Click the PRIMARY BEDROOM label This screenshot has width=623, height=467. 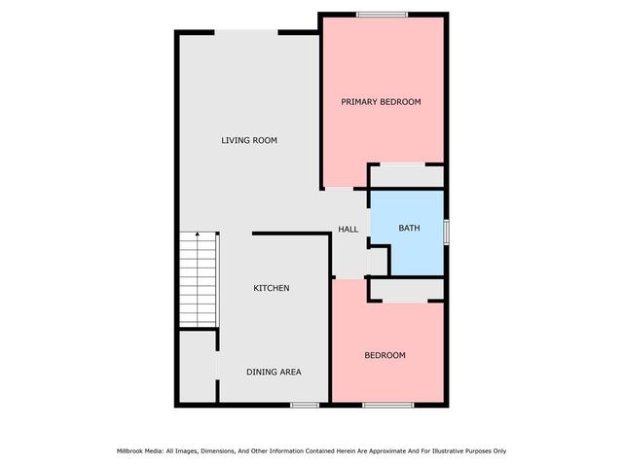click(381, 101)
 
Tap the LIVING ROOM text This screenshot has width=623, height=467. click(249, 141)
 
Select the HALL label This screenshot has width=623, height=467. click(348, 230)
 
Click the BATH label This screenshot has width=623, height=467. click(409, 229)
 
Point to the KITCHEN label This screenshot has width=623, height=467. click(272, 288)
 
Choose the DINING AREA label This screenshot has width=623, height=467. click(274, 372)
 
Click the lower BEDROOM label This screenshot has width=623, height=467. click(385, 355)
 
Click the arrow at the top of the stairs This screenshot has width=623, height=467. click(198, 236)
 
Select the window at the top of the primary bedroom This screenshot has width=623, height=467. click(382, 14)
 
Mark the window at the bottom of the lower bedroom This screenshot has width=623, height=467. click(388, 404)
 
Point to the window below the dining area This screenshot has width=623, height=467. click(305, 404)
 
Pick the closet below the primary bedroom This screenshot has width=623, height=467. click(407, 176)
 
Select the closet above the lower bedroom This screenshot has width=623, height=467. click(407, 290)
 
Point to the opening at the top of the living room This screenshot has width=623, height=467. click(247, 32)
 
